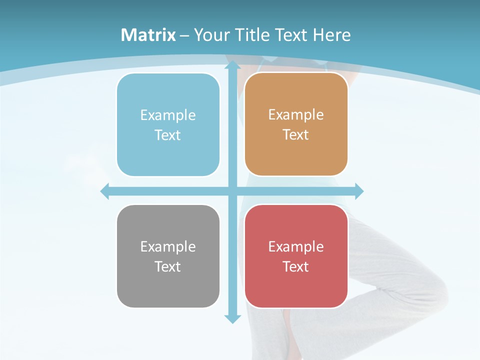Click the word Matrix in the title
click(148, 35)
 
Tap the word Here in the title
click(332, 35)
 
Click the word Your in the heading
click(212, 35)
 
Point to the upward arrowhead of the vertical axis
click(232, 67)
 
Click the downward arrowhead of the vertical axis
click(232, 318)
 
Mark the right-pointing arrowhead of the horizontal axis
click(358, 191)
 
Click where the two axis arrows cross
click(232, 191)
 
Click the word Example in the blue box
click(168, 115)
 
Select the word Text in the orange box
click(296, 135)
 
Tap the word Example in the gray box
click(168, 247)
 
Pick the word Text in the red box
click(296, 266)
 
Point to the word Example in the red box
click(296, 247)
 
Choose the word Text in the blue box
click(168, 135)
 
